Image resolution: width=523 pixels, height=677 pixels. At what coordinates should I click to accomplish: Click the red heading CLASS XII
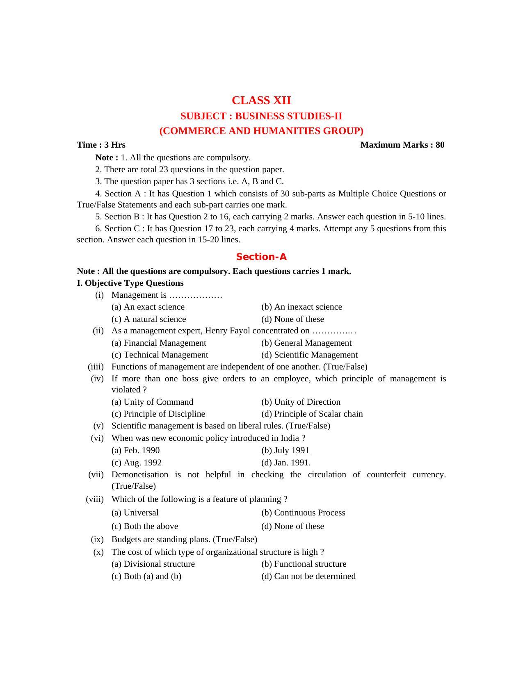click(x=261, y=100)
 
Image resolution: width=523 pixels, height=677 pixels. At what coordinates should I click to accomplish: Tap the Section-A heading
click(x=261, y=257)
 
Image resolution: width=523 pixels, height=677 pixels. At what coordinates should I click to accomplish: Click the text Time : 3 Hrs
click(x=101, y=145)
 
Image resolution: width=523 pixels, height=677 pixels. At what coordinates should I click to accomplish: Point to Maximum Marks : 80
click(x=402, y=145)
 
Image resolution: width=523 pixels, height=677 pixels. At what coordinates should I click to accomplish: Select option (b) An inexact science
click(x=301, y=307)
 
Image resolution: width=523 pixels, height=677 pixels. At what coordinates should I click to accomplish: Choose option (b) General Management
click(x=306, y=343)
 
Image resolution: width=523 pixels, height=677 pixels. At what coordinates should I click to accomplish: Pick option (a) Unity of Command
click(x=152, y=402)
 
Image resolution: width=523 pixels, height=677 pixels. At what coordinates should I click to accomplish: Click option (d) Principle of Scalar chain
click(x=312, y=414)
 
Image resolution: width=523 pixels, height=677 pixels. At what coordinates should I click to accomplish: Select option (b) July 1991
click(x=285, y=451)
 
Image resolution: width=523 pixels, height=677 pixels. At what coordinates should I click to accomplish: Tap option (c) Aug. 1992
click(x=137, y=463)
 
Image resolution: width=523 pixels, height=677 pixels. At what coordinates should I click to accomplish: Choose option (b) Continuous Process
click(x=303, y=513)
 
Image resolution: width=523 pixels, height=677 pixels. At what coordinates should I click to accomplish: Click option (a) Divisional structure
click(x=153, y=564)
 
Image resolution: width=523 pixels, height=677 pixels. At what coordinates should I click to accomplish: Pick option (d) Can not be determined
click(x=308, y=577)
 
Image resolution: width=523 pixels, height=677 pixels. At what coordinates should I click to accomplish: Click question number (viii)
click(x=95, y=499)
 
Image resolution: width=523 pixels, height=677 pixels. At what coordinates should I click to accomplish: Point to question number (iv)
click(x=97, y=379)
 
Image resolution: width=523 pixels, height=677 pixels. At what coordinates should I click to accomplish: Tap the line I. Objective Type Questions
click(x=130, y=283)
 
